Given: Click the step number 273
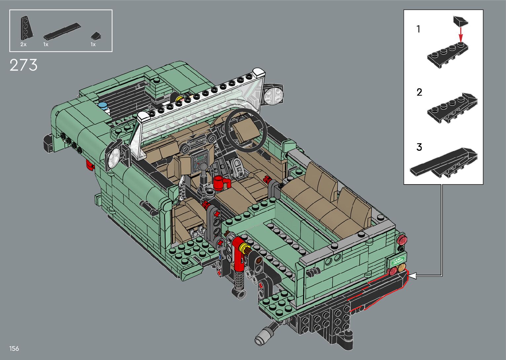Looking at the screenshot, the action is pyautogui.click(x=23, y=65).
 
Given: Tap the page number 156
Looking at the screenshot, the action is pyautogui.click(x=14, y=348).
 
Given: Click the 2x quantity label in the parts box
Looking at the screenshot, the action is pyautogui.click(x=23, y=45).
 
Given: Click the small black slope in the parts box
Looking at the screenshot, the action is pyautogui.click(x=96, y=36).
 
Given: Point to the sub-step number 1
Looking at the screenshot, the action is pyautogui.click(x=418, y=29).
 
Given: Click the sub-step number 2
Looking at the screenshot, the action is pyautogui.click(x=419, y=92).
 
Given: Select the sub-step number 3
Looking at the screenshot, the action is pyautogui.click(x=419, y=147).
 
